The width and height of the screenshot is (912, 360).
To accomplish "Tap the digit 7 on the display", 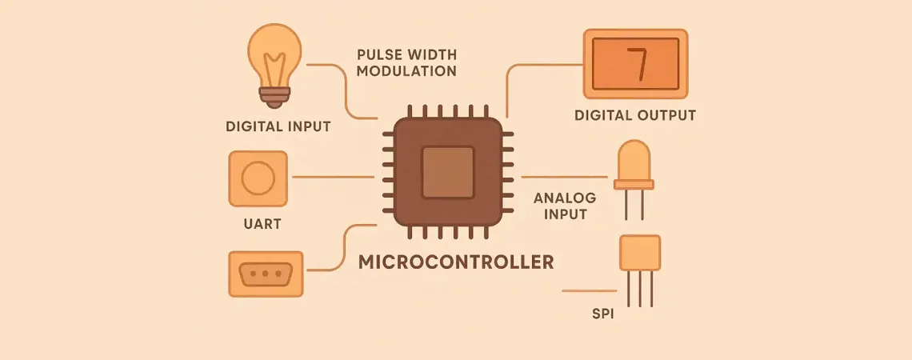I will click(636, 65).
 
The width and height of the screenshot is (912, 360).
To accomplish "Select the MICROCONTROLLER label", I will click(456, 262).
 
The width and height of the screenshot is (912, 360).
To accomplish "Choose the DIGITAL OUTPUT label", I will click(635, 115).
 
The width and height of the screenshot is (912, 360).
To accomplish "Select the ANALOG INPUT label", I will click(561, 206).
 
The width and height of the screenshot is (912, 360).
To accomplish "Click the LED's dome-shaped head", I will click(634, 162).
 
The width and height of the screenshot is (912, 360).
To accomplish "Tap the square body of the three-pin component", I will click(640, 252).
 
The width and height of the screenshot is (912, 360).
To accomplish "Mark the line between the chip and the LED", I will click(564, 177).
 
